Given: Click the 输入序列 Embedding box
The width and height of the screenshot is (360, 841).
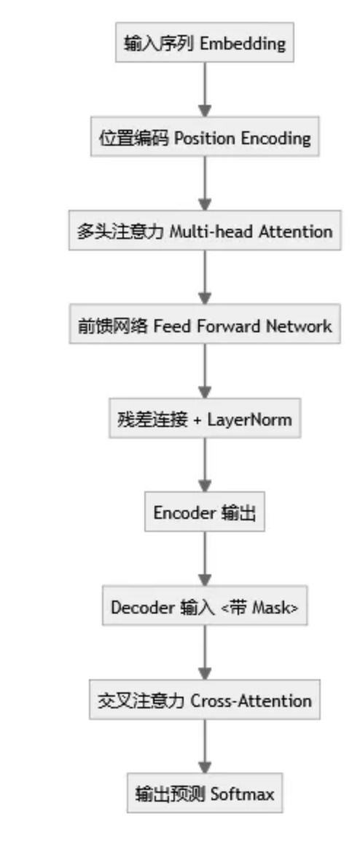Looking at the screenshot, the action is coord(204,42).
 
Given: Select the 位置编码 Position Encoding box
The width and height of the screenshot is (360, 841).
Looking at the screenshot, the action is coord(204,137).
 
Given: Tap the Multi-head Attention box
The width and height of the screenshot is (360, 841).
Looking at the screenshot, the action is coord(204,230).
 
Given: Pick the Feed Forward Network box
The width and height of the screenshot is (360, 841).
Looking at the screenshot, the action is coord(204,324).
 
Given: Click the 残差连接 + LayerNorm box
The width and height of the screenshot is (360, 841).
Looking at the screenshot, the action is coord(204,418).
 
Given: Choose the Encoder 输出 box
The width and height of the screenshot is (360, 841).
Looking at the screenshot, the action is coord(204,512).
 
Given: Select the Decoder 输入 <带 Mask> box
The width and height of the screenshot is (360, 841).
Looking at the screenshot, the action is coord(204,606).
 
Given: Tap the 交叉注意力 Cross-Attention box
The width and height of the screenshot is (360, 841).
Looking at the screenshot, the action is coord(204,700).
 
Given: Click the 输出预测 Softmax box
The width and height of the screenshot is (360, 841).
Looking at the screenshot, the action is coord(204,794).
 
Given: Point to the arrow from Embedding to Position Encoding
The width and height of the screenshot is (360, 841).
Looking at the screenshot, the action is coord(204,90).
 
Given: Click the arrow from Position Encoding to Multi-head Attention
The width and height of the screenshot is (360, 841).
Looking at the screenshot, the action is coord(204,184).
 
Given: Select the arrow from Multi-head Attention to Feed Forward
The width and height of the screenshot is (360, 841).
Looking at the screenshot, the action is coord(204,277).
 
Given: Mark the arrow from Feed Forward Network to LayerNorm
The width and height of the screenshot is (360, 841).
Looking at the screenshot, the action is coord(204,371).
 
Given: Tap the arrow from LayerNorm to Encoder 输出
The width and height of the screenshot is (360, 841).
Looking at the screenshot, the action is coord(204,465).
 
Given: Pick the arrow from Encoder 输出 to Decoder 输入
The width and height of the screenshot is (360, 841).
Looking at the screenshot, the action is coord(204,559).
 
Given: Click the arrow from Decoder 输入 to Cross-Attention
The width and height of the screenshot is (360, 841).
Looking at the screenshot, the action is coord(204,653).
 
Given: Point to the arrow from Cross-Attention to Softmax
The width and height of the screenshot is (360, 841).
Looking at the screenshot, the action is coord(204,746).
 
